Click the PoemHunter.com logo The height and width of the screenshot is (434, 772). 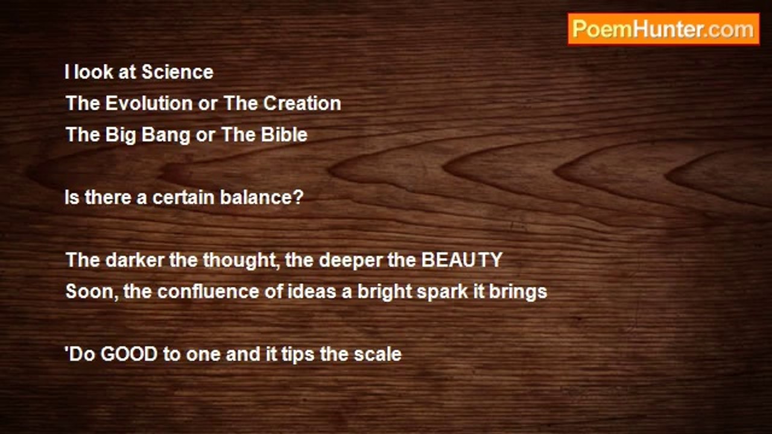[663, 30]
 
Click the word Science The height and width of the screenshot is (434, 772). [177, 72]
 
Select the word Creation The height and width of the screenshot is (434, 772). [302, 103]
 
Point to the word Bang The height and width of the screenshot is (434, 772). [166, 135]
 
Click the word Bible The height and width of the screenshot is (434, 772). [284, 134]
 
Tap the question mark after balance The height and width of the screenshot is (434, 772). [299, 197]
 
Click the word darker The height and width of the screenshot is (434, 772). [134, 260]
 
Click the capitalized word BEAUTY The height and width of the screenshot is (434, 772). [462, 260]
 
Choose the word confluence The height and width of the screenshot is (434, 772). [208, 291]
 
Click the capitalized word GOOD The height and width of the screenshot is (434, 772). [129, 354]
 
